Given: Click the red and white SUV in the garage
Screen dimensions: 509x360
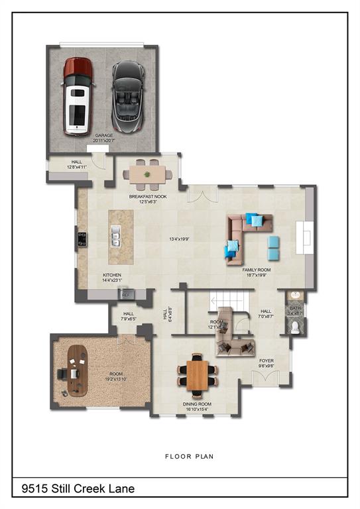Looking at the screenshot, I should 78,94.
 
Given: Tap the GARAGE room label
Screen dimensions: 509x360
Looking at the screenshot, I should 104,137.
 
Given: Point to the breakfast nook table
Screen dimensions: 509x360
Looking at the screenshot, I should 147,174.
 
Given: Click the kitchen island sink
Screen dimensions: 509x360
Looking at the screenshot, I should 116,235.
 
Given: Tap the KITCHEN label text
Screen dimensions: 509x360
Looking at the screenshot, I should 112,274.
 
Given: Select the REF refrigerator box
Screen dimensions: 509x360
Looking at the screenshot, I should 126,294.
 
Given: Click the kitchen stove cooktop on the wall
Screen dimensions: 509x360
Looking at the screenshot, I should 82,238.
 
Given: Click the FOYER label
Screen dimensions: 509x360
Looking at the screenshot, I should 267,361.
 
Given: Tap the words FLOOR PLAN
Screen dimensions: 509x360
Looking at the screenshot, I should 189,456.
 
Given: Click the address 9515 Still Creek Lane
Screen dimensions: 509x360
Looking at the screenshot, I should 78,488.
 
